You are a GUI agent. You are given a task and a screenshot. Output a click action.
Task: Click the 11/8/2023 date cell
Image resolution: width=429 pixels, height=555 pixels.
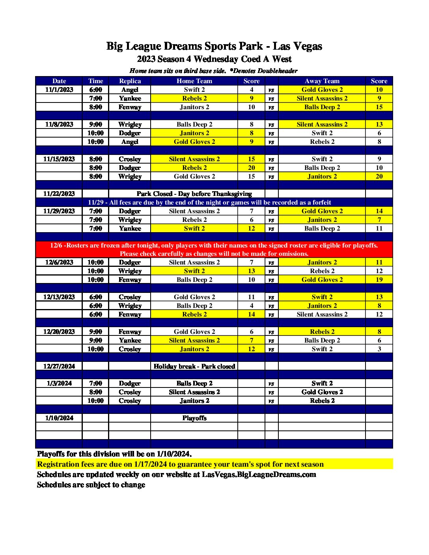(x=59, y=125)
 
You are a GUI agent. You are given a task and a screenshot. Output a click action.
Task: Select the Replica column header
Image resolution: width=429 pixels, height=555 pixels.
(x=130, y=81)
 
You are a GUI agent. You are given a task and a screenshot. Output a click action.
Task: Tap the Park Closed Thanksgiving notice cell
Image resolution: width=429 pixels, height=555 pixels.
(x=194, y=194)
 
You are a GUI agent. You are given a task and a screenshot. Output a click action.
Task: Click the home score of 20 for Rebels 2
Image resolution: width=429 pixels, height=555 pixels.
(x=251, y=168)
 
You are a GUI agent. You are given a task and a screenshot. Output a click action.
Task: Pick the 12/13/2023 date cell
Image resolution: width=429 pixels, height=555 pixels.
(x=59, y=297)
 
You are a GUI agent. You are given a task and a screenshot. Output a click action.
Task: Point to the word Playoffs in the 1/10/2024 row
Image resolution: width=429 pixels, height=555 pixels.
(x=194, y=418)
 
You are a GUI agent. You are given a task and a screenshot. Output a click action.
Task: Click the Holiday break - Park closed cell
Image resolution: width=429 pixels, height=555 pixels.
(x=194, y=366)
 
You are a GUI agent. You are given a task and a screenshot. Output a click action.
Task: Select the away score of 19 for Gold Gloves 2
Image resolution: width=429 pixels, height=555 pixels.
(x=379, y=280)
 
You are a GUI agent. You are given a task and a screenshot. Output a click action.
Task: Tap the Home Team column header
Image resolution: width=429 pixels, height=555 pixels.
(x=194, y=81)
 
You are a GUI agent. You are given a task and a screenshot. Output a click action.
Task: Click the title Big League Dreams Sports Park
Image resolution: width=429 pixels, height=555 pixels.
(x=214, y=47)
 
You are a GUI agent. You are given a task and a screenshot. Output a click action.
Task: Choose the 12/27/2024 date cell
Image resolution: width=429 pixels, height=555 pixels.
(x=59, y=366)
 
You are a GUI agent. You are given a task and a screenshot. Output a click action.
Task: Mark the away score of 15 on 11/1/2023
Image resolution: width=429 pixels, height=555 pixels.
(x=379, y=107)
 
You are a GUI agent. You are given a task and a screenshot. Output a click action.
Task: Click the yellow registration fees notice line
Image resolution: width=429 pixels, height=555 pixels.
(x=180, y=464)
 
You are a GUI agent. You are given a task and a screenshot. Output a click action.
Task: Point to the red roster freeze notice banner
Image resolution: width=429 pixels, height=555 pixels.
(x=214, y=250)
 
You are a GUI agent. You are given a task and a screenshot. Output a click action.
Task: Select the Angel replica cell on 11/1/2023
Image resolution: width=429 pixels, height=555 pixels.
(x=130, y=90)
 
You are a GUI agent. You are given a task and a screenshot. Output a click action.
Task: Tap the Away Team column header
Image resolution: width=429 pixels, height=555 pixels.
(x=322, y=81)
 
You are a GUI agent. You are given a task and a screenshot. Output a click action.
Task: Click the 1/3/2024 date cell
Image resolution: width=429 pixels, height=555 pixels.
(x=59, y=384)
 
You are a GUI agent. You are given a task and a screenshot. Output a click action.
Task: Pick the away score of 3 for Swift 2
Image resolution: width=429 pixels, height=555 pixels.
(x=379, y=349)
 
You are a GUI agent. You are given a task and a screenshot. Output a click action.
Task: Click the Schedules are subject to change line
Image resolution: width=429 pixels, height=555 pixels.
(x=91, y=485)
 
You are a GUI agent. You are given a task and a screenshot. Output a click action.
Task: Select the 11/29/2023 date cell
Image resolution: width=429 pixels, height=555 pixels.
(x=59, y=211)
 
